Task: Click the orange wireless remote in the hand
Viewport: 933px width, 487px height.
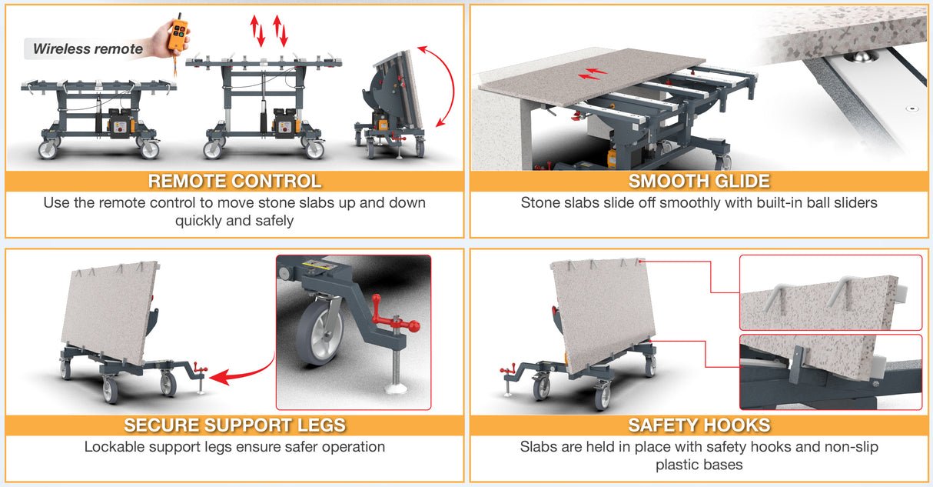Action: (178, 35)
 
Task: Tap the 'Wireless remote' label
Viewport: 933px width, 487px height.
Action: (88, 49)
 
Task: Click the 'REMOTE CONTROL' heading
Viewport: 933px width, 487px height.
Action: (234, 182)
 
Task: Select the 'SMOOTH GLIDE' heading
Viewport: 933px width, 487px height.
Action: (699, 182)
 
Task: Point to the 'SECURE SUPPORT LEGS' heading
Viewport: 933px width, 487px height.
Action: (234, 425)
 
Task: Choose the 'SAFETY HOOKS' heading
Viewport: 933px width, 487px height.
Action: (699, 425)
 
